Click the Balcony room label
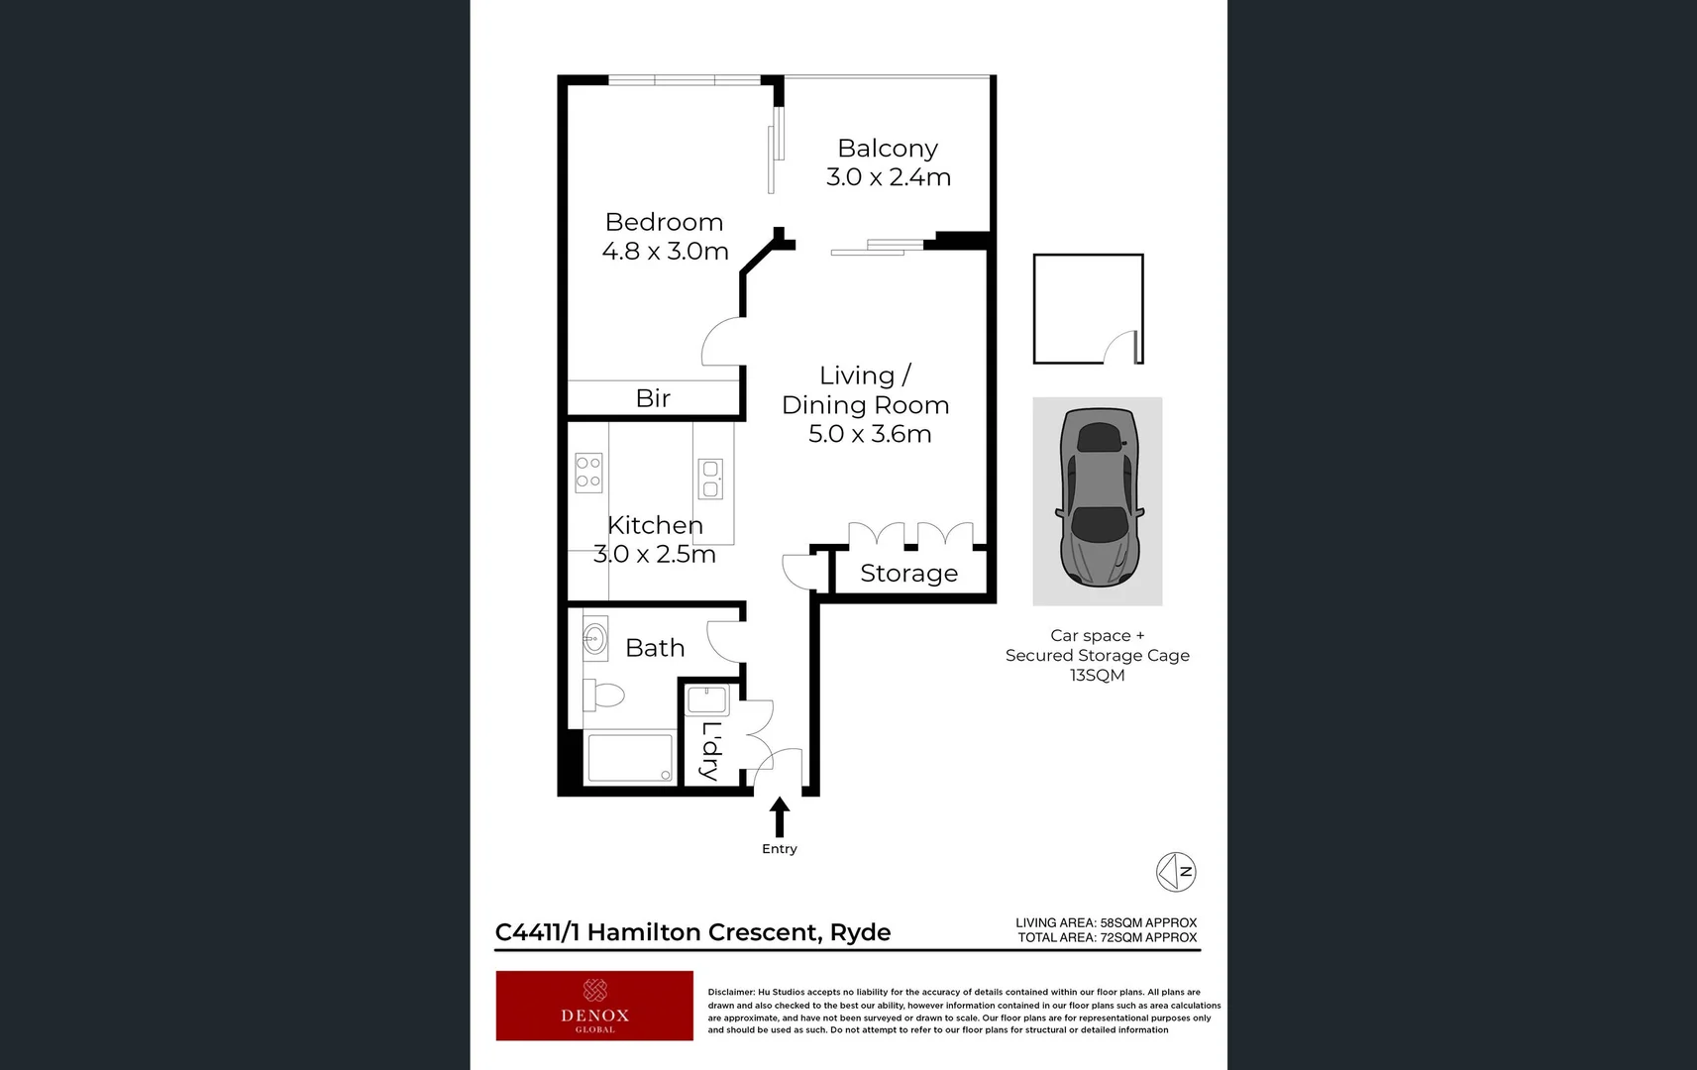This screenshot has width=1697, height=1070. point(887,149)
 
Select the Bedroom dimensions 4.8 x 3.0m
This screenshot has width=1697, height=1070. point(665,252)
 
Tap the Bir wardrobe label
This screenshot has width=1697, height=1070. point(653,398)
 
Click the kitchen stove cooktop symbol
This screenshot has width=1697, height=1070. point(588,473)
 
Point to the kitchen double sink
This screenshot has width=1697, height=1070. point(710,479)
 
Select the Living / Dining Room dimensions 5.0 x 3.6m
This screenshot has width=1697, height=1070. point(869,434)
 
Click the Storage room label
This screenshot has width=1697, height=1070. point(908,574)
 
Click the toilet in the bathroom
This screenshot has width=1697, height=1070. point(603,695)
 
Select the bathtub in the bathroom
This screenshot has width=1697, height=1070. point(630,758)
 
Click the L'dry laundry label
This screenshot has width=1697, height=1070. point(710,750)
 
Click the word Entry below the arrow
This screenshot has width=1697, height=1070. point(780,849)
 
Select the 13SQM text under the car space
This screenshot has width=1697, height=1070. point(1097,676)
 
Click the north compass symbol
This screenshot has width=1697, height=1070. point(1176,872)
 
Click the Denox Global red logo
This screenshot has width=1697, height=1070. point(594,1006)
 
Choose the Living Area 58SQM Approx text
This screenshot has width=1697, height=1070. point(1106,922)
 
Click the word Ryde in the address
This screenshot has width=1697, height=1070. point(860,932)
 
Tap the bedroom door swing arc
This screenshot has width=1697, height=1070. point(720,342)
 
